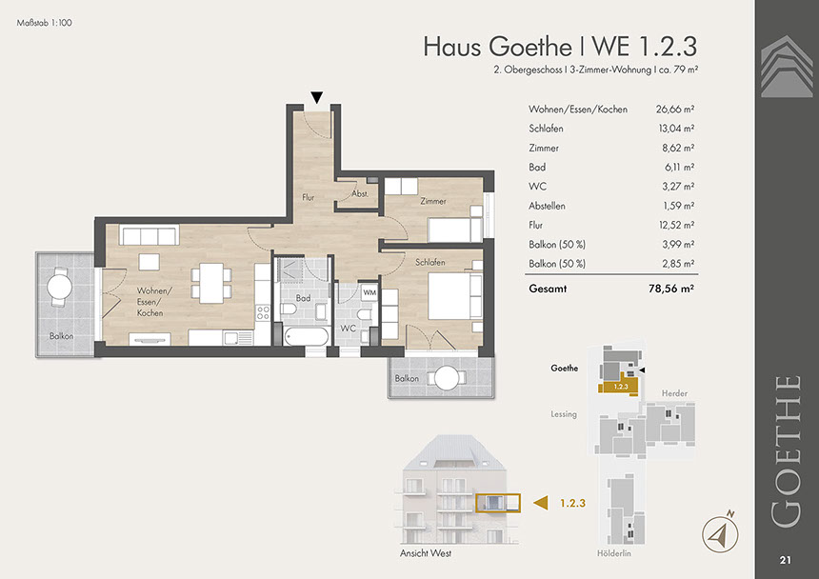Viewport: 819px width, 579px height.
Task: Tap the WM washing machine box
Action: [370, 292]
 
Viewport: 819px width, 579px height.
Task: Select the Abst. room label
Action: [360, 193]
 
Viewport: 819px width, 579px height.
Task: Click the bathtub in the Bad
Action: [306, 336]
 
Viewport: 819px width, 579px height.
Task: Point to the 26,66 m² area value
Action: [675, 110]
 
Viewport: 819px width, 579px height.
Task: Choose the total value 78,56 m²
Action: [671, 289]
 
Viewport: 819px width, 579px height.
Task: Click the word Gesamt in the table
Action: [548, 289]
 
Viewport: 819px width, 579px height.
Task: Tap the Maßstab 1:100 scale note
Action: [45, 23]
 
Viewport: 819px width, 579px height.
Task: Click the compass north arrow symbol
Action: [720, 532]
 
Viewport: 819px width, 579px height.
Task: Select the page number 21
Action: [785, 560]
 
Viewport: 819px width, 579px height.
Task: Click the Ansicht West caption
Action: [426, 553]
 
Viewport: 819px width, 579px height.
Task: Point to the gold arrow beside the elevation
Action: [541, 503]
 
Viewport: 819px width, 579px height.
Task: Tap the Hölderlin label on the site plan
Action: [613, 553]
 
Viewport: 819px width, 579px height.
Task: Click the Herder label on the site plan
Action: [674, 393]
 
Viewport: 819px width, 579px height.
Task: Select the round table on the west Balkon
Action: [60, 287]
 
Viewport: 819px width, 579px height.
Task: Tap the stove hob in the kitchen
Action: [263, 312]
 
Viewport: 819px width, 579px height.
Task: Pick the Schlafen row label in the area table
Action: [546, 129]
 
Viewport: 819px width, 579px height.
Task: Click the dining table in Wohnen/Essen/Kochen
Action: [211, 283]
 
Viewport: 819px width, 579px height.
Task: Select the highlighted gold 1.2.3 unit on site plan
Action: [618, 386]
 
